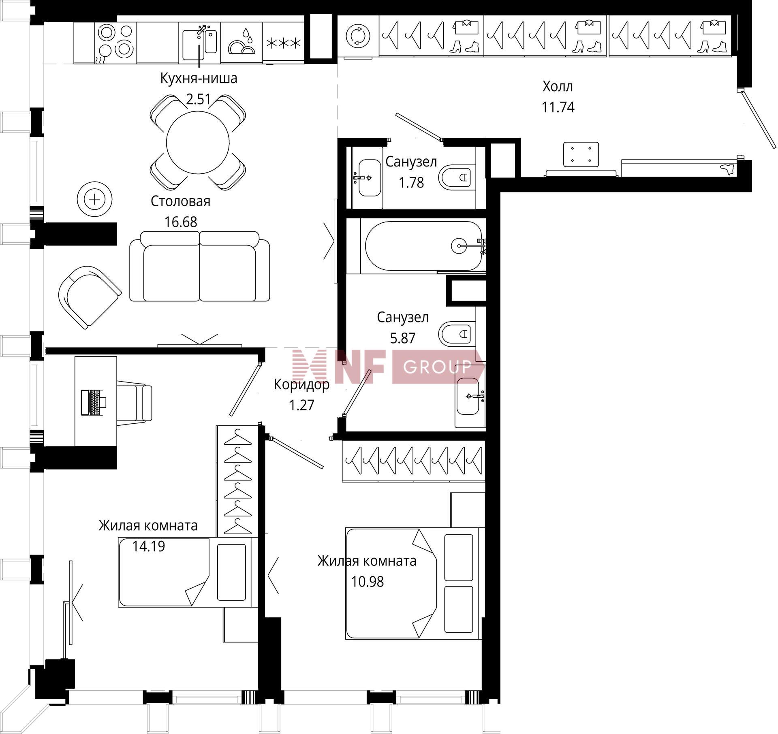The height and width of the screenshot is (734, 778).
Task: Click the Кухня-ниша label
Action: (x=199, y=78)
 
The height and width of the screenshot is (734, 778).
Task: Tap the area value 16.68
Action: (x=181, y=222)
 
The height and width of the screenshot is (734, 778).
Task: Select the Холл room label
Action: (x=558, y=86)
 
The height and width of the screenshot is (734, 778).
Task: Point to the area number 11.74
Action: (x=558, y=107)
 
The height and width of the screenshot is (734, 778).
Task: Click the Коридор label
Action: (x=301, y=384)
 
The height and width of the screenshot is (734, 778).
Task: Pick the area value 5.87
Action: (x=402, y=338)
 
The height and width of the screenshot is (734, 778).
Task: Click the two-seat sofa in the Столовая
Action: (x=200, y=266)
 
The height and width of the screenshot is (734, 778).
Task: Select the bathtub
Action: (x=423, y=245)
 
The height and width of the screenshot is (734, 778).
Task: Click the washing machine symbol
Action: (x=358, y=36)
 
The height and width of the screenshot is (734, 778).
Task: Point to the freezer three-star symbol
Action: (x=283, y=43)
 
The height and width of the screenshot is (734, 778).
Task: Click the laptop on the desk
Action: (x=93, y=402)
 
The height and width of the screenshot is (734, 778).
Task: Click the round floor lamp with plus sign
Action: (x=95, y=199)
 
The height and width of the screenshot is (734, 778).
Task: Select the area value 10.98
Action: (x=367, y=581)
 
